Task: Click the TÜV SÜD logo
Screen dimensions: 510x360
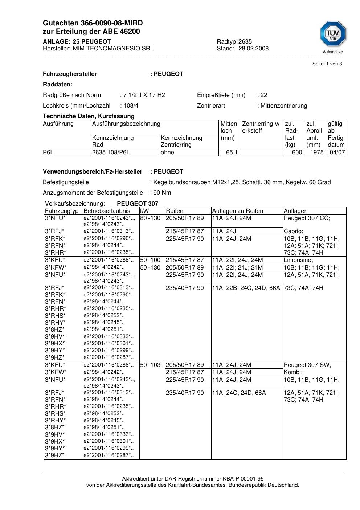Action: click(x=333, y=35)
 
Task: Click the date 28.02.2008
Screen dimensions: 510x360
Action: click(x=253, y=49)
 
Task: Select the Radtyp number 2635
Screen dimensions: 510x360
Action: click(x=245, y=42)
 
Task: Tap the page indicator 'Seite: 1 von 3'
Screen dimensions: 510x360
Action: click(x=327, y=64)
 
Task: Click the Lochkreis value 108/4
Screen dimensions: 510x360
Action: click(x=131, y=106)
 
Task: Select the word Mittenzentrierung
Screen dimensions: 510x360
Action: click(x=284, y=106)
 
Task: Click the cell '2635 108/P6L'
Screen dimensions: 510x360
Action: click(x=111, y=153)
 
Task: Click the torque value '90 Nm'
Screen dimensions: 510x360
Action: click(x=162, y=193)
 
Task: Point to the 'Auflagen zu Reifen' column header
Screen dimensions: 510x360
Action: click(x=238, y=211)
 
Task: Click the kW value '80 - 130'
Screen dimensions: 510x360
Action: click(x=150, y=218)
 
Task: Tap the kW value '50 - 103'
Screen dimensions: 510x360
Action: click(x=150, y=365)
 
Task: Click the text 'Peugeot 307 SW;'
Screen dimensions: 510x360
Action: click(x=307, y=365)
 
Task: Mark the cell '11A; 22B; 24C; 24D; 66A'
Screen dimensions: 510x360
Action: click(x=246, y=288)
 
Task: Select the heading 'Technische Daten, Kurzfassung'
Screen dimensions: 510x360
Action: click(x=89, y=116)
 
